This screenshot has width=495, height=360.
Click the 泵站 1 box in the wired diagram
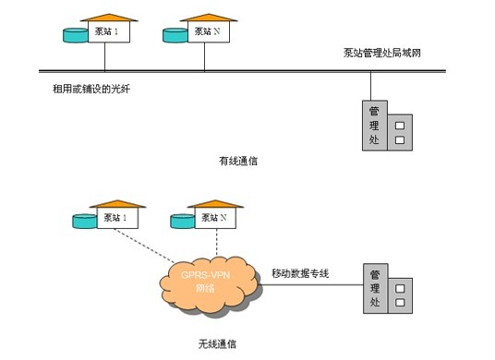click(x=109, y=31)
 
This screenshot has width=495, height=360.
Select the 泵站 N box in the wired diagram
click(x=209, y=31)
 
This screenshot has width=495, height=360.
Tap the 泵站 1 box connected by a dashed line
click(x=117, y=218)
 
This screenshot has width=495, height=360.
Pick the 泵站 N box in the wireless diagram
click(x=215, y=218)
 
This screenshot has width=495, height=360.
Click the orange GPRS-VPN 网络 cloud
click(x=210, y=285)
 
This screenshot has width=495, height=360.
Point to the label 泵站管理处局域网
click(x=382, y=53)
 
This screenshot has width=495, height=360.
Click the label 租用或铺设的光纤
click(x=91, y=89)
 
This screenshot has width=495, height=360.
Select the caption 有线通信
click(x=238, y=161)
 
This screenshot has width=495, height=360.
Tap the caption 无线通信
click(x=217, y=343)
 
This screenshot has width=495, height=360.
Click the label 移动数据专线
click(x=300, y=273)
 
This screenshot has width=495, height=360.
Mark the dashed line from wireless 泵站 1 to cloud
click(x=144, y=246)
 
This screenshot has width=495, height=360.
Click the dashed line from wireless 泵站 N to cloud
click(x=216, y=243)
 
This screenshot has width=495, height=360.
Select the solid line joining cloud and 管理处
click(x=311, y=285)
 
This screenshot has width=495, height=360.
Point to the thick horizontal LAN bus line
click(x=242, y=71)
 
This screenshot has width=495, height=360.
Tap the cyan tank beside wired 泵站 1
click(x=76, y=35)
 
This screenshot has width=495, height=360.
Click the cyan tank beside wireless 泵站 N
click(x=183, y=222)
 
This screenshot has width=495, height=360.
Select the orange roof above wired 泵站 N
click(x=209, y=18)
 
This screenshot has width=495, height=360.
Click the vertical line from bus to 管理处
click(x=370, y=87)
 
